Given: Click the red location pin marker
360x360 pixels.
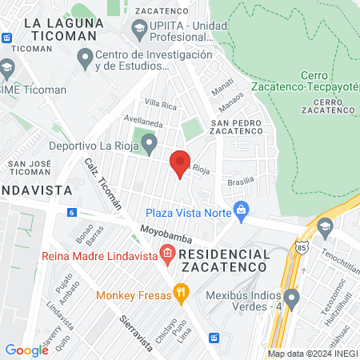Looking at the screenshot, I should click(180, 163).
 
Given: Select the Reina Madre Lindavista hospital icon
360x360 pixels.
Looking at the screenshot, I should click(167, 256).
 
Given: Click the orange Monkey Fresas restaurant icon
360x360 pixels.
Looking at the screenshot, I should click(182, 294).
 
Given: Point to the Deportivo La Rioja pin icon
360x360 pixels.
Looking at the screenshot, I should click(149, 144).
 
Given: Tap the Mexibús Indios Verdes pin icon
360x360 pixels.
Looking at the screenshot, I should click(292, 300).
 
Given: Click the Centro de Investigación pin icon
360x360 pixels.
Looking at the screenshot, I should click(85, 58).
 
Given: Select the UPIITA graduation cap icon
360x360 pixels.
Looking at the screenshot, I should click(140, 30).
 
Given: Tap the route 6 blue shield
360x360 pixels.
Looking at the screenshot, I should click(72, 212).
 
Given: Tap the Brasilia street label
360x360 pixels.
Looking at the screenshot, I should click(240, 182).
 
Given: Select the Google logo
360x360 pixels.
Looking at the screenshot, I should click(26, 350).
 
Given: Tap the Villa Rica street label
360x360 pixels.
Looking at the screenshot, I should click(160, 105).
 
